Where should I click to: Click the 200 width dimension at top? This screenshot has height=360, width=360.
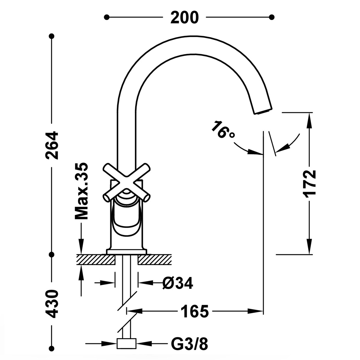click(184, 17)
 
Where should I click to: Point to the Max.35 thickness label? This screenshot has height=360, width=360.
click(81, 191)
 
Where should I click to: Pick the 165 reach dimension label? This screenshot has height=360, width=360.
click(194, 311)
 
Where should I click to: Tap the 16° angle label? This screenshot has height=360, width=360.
click(223, 130)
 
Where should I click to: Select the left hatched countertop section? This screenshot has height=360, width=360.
click(96, 259)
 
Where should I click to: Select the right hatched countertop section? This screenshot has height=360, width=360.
click(155, 259)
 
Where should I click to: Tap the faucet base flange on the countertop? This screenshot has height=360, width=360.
click(126, 252)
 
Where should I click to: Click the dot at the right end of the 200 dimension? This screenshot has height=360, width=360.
click(272, 17)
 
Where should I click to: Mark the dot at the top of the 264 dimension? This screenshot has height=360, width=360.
click(52, 36)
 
